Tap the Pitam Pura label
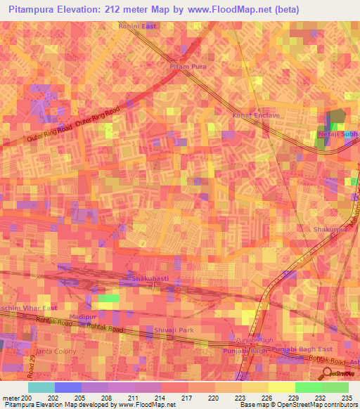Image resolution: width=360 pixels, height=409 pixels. [x=186, y=67]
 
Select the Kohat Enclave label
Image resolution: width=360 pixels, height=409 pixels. [x=257, y=115]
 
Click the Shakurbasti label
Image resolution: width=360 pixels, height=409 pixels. [x=150, y=279]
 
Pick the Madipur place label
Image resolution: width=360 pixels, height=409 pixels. [x=82, y=318]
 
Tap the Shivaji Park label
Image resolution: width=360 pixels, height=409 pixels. [x=172, y=329]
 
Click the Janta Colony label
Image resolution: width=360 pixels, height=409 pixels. [x=51, y=349]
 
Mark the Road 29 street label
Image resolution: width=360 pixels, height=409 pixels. [x=32, y=365]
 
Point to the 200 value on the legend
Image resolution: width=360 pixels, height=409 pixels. [x=27, y=398]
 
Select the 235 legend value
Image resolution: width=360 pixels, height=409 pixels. [x=348, y=398]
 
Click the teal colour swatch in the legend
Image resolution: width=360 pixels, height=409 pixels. [x=41, y=387]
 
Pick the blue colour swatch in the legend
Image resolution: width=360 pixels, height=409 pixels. [x=68, y=387]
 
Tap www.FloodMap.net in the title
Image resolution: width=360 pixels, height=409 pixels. [x=226, y=10]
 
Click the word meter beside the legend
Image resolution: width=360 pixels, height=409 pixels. [x=11, y=398]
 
